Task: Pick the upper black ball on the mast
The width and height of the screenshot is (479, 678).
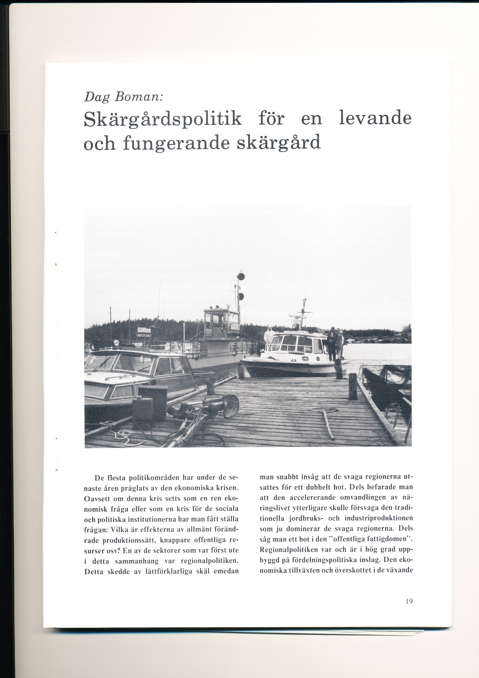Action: click(x=241, y=276)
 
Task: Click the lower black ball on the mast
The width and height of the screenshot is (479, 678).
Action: click(x=241, y=296)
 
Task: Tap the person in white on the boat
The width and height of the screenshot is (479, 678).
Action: click(x=269, y=335)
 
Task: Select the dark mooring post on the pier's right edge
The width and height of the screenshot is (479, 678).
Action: click(x=352, y=386)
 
